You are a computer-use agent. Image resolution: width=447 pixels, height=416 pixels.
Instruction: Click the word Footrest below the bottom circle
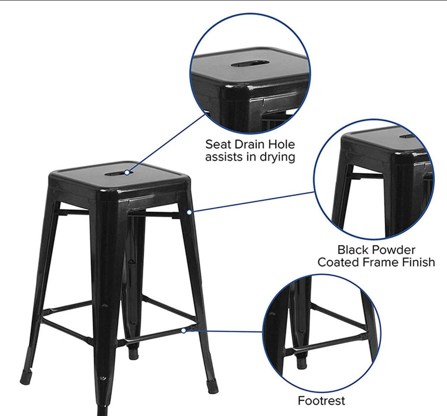coord(321,401)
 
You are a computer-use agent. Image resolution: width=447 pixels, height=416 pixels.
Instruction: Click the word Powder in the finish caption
coord(393,250)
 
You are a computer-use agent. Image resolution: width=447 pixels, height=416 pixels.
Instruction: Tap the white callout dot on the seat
coord(127,173)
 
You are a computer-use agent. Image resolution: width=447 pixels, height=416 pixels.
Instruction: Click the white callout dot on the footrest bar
coord(183,331)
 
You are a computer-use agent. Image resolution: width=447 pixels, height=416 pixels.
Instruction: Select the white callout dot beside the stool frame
coord(189,212)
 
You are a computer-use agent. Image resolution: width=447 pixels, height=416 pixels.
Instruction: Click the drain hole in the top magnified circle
coord(250,64)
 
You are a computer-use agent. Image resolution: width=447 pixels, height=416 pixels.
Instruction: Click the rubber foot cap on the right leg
coord(213,386)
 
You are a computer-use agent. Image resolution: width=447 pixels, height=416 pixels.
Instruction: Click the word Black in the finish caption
coord(354,250)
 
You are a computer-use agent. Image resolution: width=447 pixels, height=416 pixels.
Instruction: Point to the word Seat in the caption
coord(218,145)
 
